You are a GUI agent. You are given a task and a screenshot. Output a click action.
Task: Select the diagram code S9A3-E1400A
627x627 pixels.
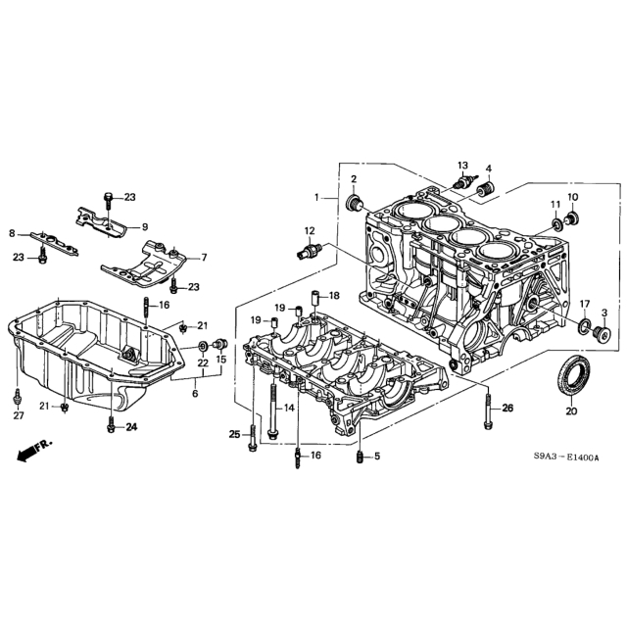[x=566, y=458]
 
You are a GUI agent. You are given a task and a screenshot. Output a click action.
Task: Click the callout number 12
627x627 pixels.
[x=310, y=231]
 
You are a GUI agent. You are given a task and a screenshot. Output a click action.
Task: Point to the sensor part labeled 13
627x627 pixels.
[x=463, y=182]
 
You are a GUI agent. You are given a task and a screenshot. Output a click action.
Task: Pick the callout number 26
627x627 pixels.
[x=507, y=408]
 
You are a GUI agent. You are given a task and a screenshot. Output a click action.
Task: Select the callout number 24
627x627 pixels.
[x=131, y=427]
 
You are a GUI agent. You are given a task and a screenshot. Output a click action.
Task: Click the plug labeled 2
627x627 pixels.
[x=354, y=203]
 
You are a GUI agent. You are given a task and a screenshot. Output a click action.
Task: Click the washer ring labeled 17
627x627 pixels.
[x=584, y=325]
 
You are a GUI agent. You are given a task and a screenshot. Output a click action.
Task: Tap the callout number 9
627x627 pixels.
[x=144, y=226]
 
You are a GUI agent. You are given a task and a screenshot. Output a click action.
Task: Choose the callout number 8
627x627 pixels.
[x=12, y=233]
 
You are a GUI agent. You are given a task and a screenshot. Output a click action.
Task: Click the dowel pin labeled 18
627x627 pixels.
[x=315, y=300]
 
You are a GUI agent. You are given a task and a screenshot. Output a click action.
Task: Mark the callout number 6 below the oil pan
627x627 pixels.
[x=195, y=394]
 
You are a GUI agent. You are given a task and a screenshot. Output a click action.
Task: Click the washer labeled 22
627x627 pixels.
[x=203, y=345]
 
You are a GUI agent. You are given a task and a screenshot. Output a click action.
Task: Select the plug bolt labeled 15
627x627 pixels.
[x=220, y=344]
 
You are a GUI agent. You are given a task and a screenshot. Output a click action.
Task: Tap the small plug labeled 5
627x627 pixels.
[x=360, y=456]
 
